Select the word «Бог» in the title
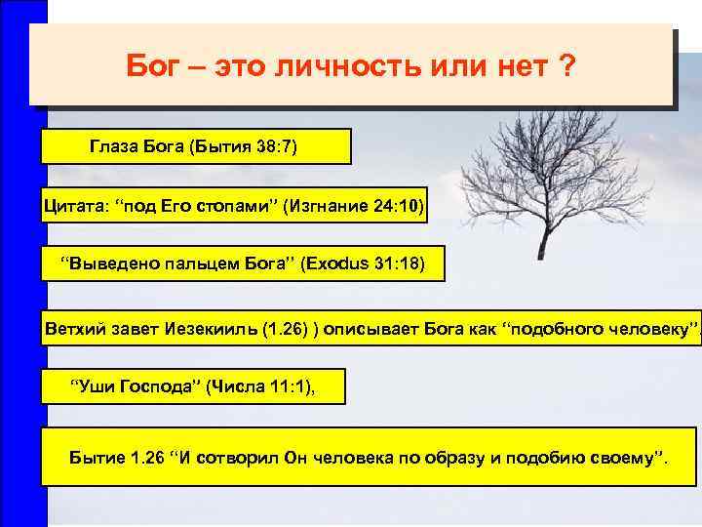pyautogui.click(x=150, y=69)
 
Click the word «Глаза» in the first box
pyautogui.click(x=114, y=147)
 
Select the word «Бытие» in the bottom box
pyautogui.click(x=97, y=456)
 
